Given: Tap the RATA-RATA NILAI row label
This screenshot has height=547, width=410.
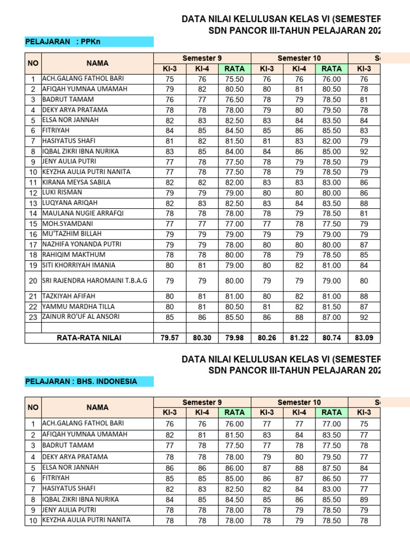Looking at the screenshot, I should tap(89, 337).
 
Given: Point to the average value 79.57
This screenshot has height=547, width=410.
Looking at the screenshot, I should tap(170, 337).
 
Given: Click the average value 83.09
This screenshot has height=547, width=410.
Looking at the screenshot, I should tap(364, 337).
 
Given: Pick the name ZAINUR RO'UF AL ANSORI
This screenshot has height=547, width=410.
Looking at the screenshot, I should tap(81, 317).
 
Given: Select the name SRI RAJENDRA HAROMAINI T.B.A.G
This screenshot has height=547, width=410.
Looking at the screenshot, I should tap(94, 280).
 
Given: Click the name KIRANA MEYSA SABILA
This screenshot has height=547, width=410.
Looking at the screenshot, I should tap(76, 182).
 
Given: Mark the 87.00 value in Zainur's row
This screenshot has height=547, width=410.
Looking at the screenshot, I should tap(332, 317).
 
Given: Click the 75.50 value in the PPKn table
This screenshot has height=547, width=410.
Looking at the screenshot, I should tap(234, 79).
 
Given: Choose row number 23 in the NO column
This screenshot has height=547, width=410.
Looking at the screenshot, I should tap(33, 317).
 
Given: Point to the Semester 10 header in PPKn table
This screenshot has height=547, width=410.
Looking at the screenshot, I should tap(299, 58).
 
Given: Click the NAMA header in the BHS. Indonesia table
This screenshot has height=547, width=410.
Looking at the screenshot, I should tap(97, 408).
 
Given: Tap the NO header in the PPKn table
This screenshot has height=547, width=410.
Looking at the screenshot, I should tap(33, 63).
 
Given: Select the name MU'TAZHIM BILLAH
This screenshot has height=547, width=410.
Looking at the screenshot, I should tap(72, 234).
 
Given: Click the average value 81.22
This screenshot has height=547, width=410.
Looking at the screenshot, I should tap(299, 337).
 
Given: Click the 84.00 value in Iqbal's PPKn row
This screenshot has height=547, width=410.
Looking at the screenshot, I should tap(234, 151).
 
